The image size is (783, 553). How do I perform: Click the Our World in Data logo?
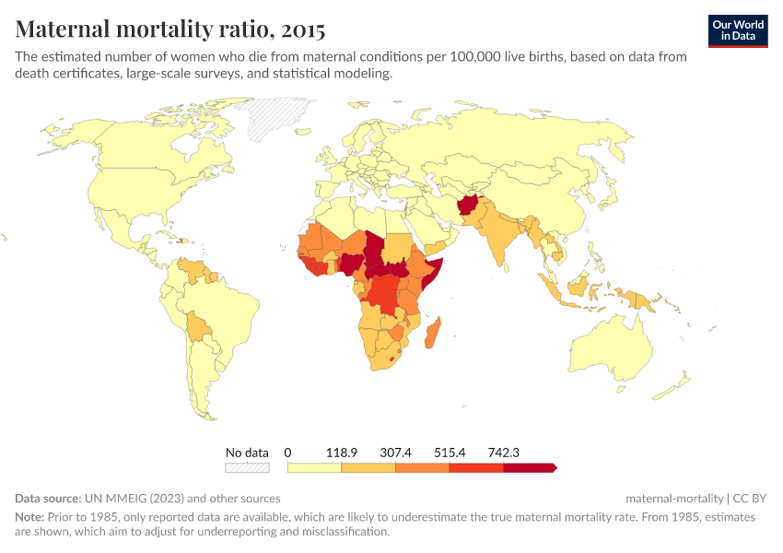coord(737,30)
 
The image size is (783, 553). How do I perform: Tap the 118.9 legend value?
coord(342,453)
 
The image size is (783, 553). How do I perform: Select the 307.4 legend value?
coord(396,453)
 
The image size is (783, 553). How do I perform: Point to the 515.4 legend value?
coord(450,453)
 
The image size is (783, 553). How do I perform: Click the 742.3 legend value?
coord(504,453)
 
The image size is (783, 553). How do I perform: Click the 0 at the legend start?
coord(288,453)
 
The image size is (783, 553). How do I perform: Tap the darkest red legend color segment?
coord(529,468)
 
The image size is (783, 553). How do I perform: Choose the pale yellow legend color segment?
coord(314,468)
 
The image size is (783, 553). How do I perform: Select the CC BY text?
coord(753,498)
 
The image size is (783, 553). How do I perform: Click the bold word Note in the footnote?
coord(29,517)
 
